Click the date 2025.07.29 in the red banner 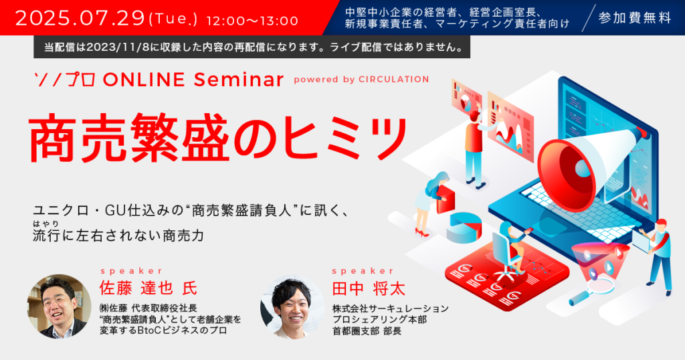click(x=80, y=18)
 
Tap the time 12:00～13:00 click(x=252, y=20)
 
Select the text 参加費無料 click(x=635, y=17)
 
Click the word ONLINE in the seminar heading click(x=143, y=80)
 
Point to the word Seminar click(x=239, y=80)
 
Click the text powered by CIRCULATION click(x=361, y=80)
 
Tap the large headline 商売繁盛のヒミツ click(x=218, y=137)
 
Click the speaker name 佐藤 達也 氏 click(x=148, y=288)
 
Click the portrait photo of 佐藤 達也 click(x=60, y=306)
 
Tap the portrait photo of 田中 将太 click(x=292, y=306)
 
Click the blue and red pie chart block click(x=464, y=228)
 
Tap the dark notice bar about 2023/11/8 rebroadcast click(x=252, y=47)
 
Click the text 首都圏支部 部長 click(x=367, y=331)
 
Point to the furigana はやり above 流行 click(x=45, y=223)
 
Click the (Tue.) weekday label click(x=173, y=19)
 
